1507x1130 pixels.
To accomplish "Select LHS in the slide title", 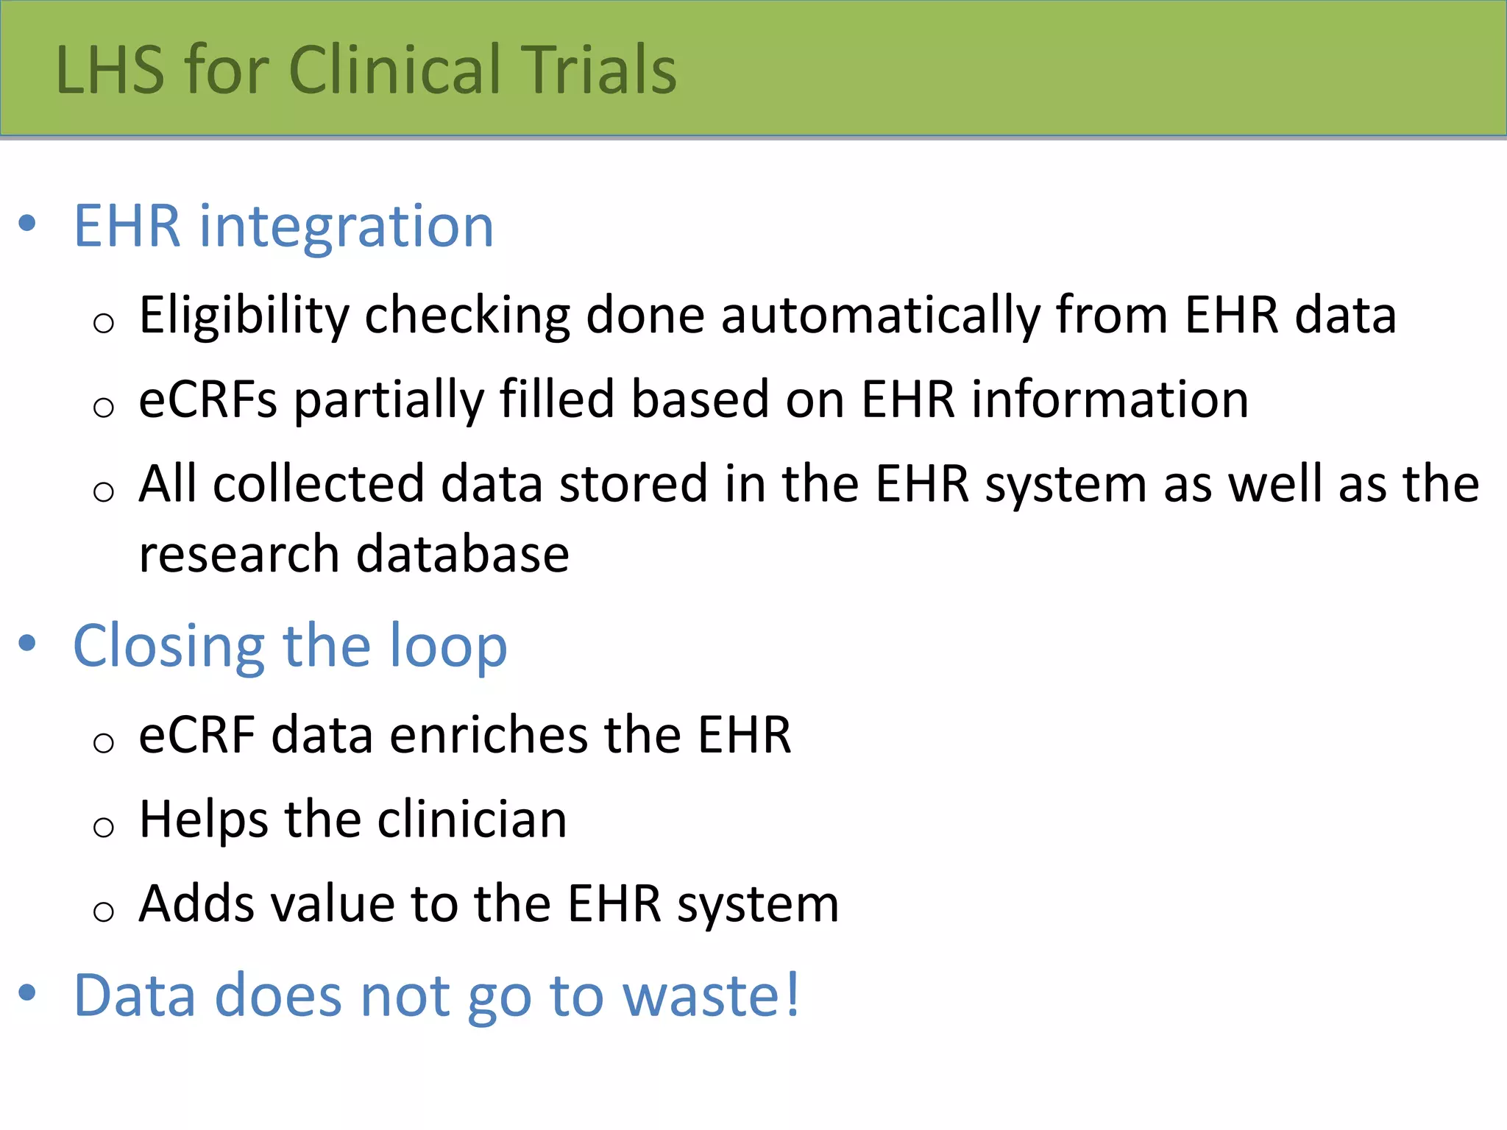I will pyautogui.click(x=110, y=69).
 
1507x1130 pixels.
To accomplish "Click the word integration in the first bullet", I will pyautogui.click(x=346, y=227).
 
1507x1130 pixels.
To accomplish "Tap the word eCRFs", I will pyautogui.click(x=208, y=399).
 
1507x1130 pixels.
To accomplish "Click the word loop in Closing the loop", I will pyautogui.click(x=448, y=646).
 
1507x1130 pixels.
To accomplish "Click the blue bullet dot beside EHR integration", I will pyautogui.click(x=27, y=223).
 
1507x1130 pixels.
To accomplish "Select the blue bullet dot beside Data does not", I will pyautogui.click(x=27, y=992).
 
